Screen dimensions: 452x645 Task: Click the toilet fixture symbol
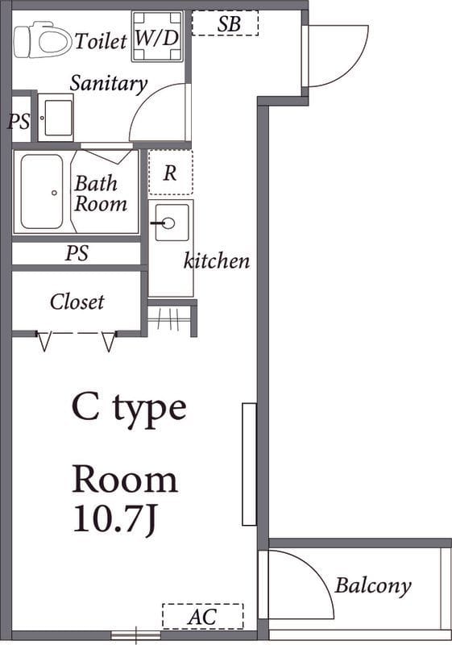pos(41,40)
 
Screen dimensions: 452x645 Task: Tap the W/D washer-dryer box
pos(157,36)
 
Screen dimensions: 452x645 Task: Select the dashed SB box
pos(225,23)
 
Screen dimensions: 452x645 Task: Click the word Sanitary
pos(109,84)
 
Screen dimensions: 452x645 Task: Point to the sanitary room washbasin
pos(56,118)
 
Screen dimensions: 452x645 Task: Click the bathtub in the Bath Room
pos(42,192)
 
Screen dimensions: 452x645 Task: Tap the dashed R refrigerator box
pos(171,173)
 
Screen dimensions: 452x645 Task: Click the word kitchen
pos(217,260)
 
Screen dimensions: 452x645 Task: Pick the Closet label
pos(77,302)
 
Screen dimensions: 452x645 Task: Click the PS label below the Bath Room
pos(77,253)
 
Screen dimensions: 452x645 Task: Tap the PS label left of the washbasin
pos(19,122)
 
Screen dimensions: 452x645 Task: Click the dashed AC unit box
pos(203,616)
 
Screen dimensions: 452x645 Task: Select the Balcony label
pos(373,585)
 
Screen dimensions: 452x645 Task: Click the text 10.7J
pos(114,519)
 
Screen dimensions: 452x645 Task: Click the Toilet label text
pos(101,41)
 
